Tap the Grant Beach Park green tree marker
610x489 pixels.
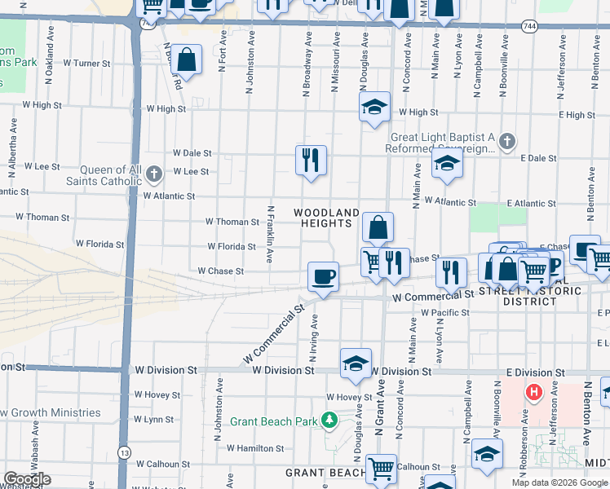[329, 421]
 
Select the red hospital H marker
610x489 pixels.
[534, 393]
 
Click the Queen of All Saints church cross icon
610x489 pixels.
[155, 172]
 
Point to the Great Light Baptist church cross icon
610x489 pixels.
[506, 142]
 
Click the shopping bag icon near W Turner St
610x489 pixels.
[187, 59]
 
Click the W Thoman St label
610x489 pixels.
[232, 221]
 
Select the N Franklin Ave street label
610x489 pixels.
[269, 233]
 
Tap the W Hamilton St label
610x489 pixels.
[254, 448]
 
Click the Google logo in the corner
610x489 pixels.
[27, 479]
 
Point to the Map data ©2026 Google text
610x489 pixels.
[561, 482]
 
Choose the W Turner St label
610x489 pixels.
[86, 63]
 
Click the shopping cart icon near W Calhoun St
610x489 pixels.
[381, 469]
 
